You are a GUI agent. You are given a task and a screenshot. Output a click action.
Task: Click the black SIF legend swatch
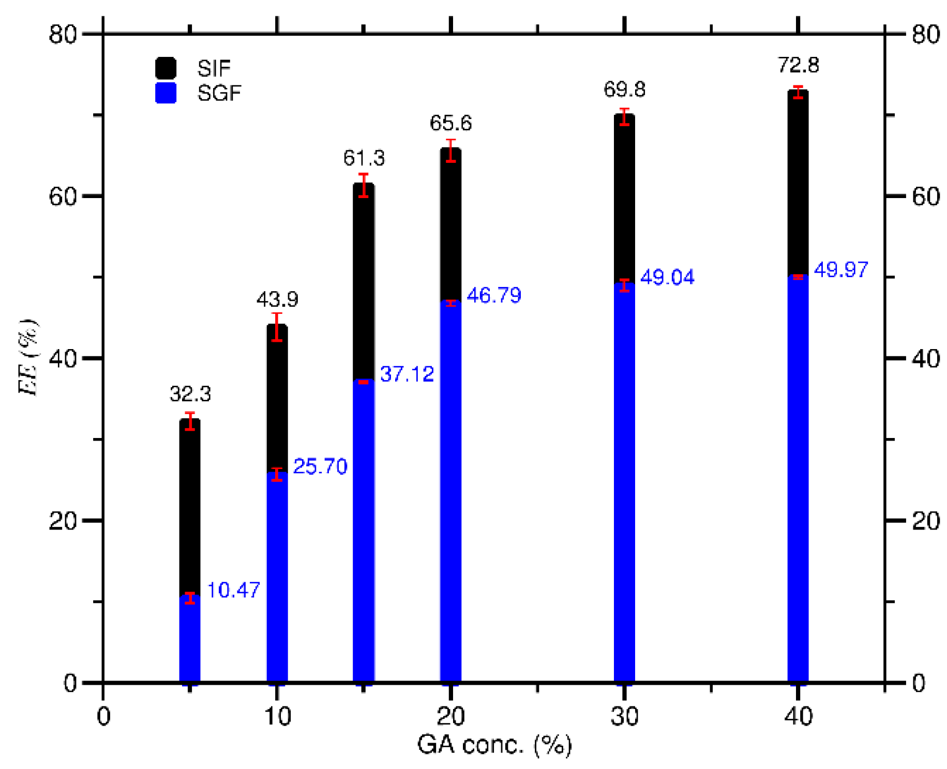point(166,68)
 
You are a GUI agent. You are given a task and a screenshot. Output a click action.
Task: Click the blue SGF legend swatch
point(166,93)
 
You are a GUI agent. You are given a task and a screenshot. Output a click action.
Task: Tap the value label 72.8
point(798,66)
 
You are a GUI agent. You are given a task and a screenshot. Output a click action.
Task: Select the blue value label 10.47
point(233,590)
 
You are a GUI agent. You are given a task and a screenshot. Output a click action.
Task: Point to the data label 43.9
point(277,299)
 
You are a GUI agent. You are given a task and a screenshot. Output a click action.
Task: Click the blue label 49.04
point(667,278)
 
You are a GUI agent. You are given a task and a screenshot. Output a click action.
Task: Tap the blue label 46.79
point(493,295)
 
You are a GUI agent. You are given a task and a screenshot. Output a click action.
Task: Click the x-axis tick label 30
point(624,717)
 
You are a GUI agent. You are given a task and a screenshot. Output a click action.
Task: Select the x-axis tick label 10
point(277,717)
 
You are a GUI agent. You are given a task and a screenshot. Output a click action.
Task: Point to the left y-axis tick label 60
point(63,197)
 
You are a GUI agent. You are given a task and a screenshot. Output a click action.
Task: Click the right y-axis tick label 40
point(925,358)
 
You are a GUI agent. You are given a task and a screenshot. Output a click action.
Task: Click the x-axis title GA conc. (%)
point(494,745)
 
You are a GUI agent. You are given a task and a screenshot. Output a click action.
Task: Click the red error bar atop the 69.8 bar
point(624,117)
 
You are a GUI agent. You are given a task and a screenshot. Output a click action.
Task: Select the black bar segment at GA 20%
point(450,222)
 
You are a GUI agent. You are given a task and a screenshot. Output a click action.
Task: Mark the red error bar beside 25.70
point(277,474)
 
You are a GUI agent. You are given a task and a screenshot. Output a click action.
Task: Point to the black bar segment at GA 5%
point(190,507)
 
